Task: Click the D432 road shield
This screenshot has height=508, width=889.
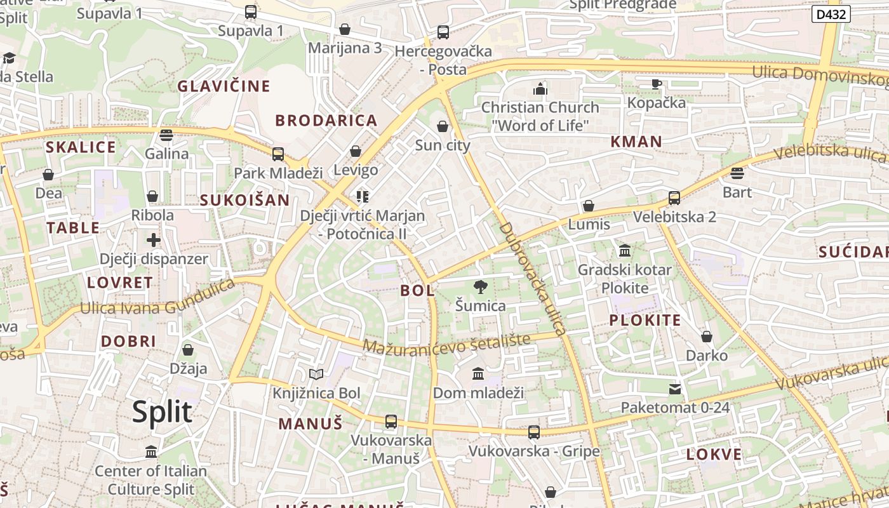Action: [831, 14]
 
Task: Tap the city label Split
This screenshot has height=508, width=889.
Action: [162, 412]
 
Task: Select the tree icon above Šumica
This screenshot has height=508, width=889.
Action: [481, 287]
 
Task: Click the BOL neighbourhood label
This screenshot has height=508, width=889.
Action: [418, 291]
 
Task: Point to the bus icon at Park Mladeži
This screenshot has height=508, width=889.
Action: [277, 154]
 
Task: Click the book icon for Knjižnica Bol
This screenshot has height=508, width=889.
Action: [316, 375]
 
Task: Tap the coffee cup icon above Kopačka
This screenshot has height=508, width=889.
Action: [657, 84]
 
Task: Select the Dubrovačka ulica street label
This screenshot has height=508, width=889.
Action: [531, 278]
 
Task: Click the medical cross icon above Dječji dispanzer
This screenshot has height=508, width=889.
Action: [154, 240]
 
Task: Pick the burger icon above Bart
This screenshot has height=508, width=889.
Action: [737, 173]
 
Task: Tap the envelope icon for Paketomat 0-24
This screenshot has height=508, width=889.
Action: [674, 389]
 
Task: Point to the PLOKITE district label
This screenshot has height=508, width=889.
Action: [645, 320]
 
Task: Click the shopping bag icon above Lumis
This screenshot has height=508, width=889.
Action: [589, 206]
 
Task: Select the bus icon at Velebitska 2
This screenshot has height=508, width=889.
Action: [674, 198]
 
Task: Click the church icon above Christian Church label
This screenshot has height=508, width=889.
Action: [540, 89]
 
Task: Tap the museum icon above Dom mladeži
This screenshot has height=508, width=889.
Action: [478, 374]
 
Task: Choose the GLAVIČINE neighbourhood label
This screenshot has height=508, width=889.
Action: [224, 86]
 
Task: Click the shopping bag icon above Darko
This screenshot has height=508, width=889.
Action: [707, 337]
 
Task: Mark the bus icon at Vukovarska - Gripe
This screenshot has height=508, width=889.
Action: [534, 432]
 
